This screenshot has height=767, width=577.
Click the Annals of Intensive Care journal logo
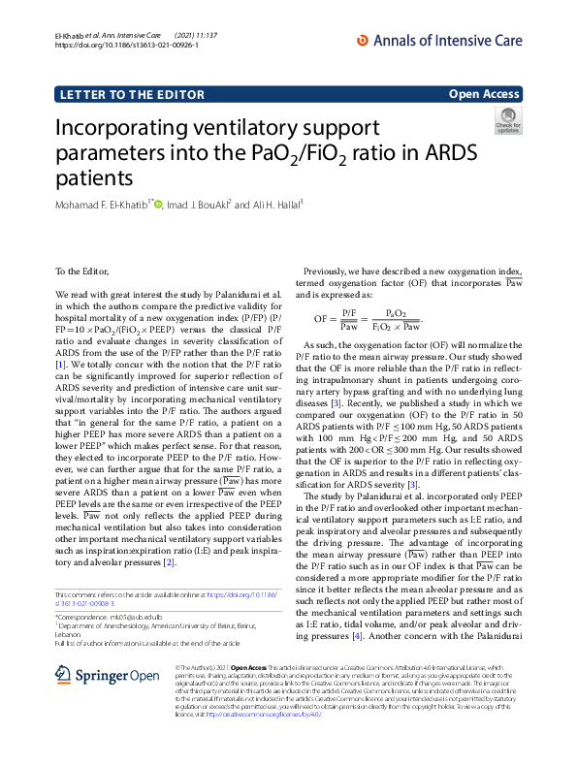click(x=440, y=40)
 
